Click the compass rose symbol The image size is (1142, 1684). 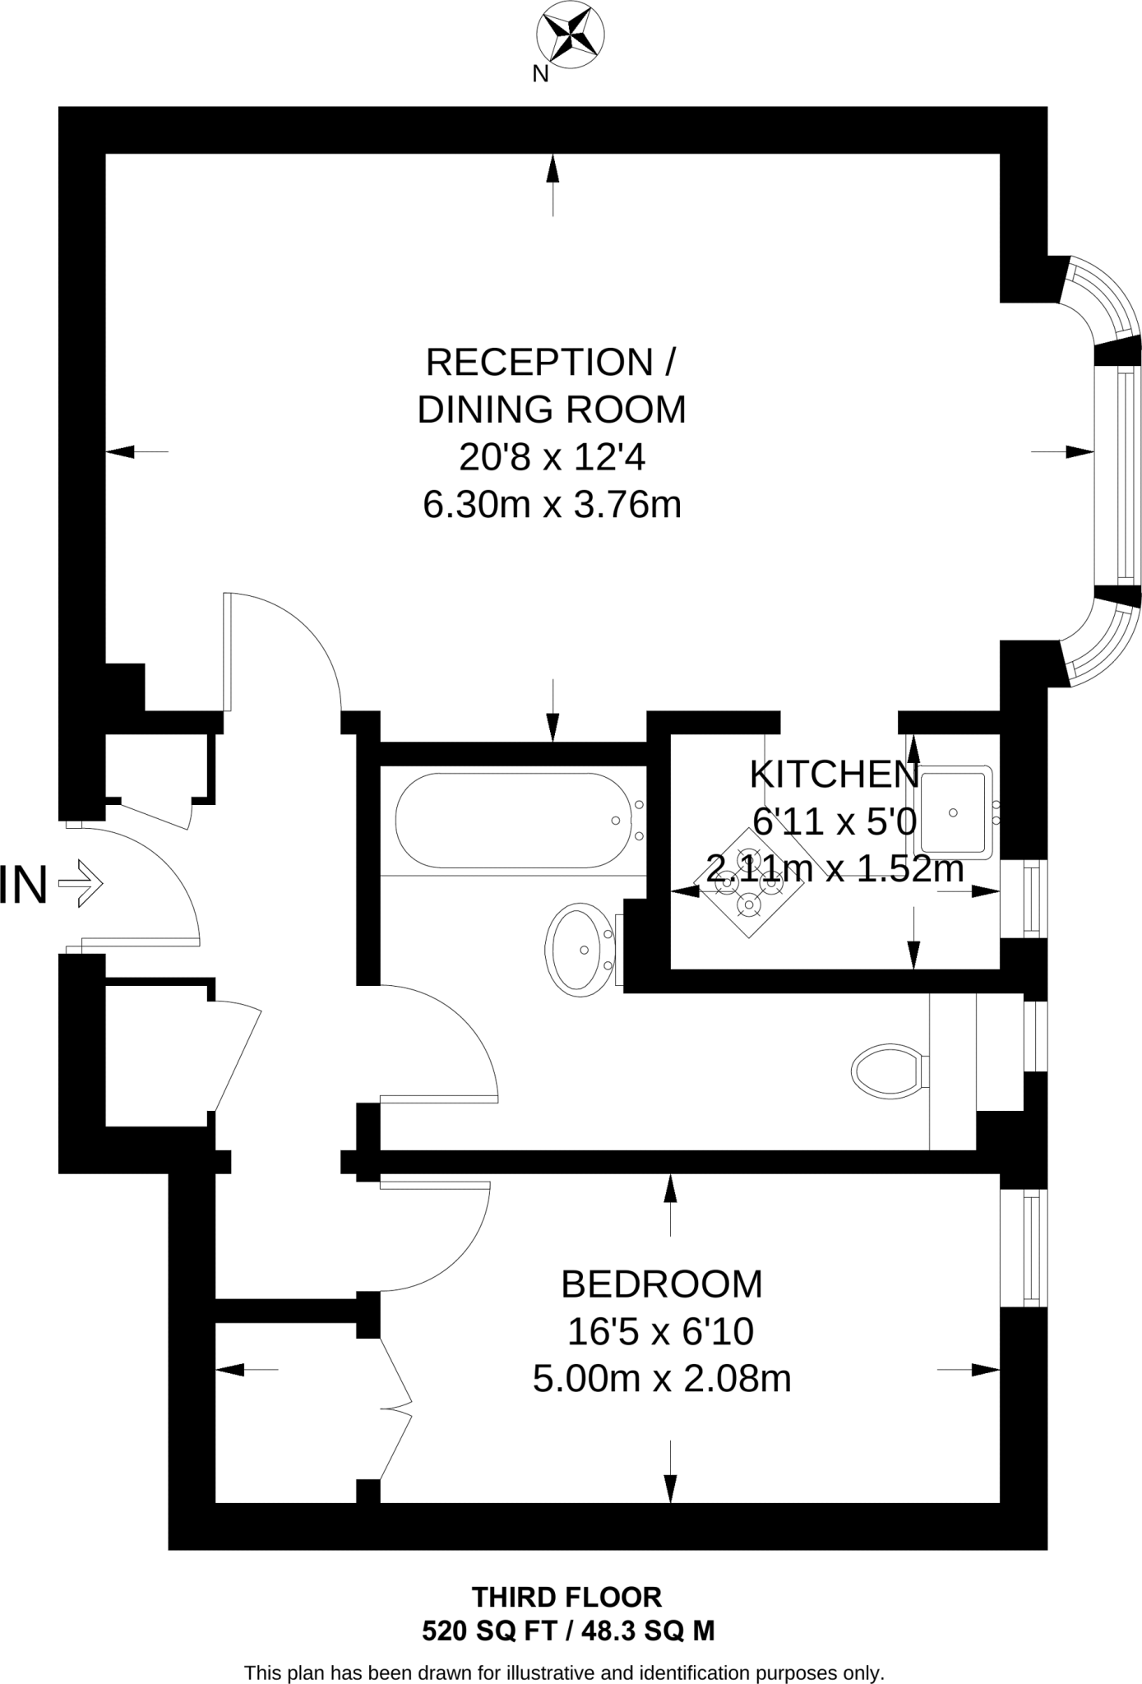(570, 35)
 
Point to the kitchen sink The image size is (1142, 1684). (955, 812)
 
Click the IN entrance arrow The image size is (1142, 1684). (80, 884)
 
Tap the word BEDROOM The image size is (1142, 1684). (661, 1284)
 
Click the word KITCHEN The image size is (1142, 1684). (834, 775)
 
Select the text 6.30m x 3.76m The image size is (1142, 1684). (552, 504)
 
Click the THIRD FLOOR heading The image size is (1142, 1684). (566, 1597)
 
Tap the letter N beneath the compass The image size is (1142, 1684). (540, 74)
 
